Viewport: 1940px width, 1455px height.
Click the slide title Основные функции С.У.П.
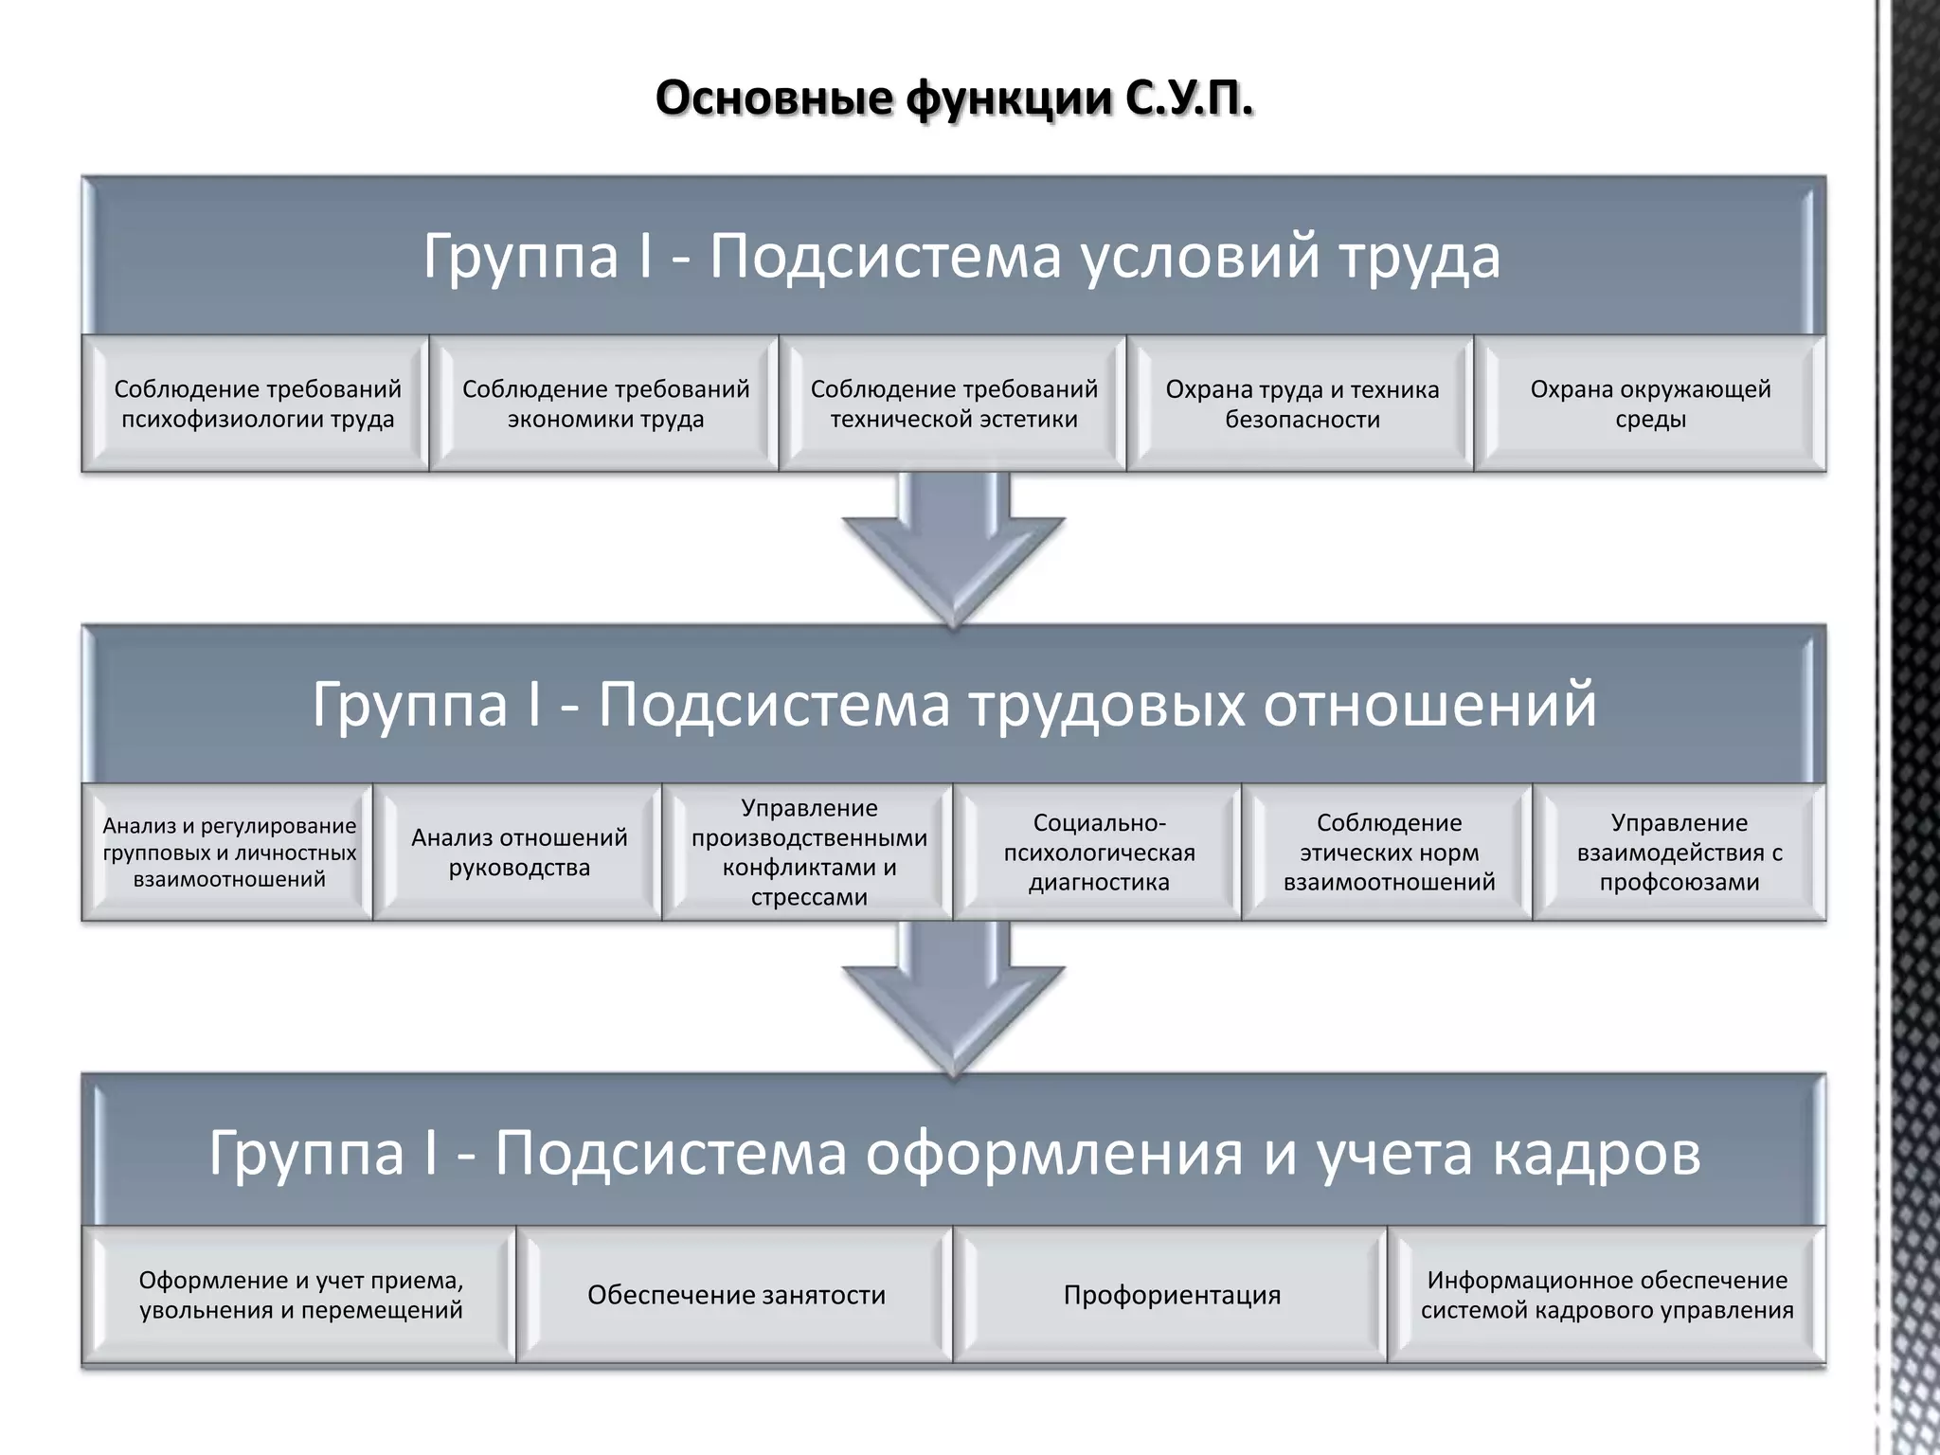[x=954, y=99]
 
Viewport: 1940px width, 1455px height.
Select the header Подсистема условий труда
[x=961, y=256]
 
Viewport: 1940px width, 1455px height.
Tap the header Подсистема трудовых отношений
[x=954, y=704]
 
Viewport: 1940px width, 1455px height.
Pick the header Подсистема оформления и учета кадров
[x=954, y=1153]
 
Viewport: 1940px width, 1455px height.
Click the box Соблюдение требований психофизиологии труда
[x=257, y=404]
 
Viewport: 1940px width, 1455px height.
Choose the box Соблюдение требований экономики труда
[x=605, y=404]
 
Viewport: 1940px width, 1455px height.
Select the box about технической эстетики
[x=954, y=404]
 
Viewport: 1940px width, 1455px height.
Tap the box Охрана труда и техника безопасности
[x=1302, y=404]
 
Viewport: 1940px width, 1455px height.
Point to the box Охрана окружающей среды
[x=1650, y=404]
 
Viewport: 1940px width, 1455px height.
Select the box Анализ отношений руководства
[x=519, y=853]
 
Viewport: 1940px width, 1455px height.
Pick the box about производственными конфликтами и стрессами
[x=809, y=853]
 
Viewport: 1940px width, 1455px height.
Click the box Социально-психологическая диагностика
[x=1099, y=853]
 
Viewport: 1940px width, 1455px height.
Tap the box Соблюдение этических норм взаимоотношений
[x=1389, y=853]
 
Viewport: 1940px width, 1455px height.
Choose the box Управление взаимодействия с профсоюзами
[x=1679, y=853]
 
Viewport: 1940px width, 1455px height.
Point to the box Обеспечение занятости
[x=736, y=1295]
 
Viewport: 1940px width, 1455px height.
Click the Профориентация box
[x=1172, y=1295]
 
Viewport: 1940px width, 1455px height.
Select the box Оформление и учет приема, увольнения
[x=300, y=1295]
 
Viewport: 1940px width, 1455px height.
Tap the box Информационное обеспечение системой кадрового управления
[x=1607, y=1295]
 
